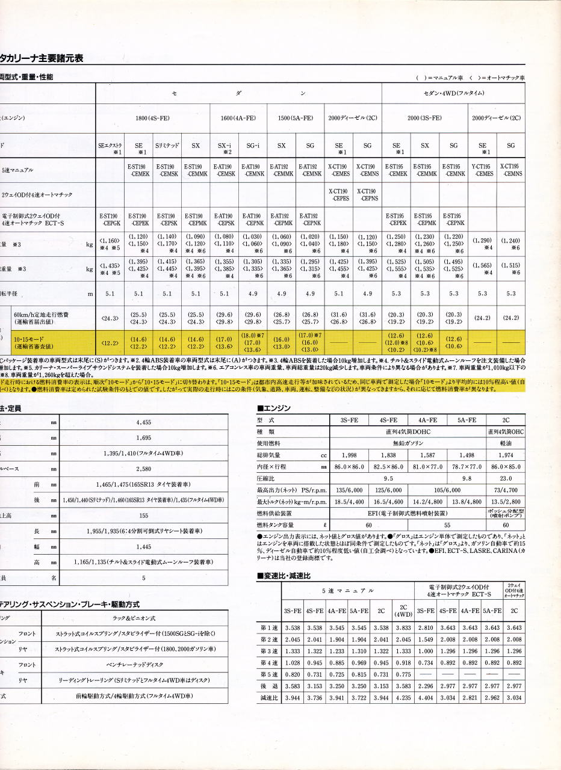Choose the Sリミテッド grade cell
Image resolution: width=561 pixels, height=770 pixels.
(x=167, y=146)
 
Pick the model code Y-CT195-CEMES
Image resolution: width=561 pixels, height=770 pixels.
(x=482, y=170)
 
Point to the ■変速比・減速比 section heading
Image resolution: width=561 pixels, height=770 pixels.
(x=284, y=576)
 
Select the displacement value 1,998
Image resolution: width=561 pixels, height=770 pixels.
(x=349, y=455)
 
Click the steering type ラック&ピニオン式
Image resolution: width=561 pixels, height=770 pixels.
(x=143, y=618)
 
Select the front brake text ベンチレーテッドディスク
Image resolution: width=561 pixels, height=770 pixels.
(x=143, y=665)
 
